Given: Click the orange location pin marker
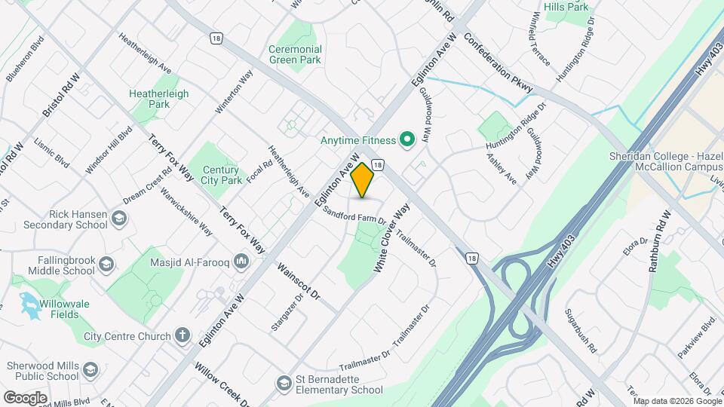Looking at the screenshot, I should pos(363,180).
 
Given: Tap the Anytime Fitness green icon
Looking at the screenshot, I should pos(407,139).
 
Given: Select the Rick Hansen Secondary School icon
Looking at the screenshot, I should pos(119,219).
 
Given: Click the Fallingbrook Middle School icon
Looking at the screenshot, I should pos(107,263).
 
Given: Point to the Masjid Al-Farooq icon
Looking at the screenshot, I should pos(241,261).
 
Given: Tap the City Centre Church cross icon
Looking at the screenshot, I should pos(183,335).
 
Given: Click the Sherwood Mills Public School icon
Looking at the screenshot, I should pos(90,370).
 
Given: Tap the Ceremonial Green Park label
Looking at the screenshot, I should pos(296,54).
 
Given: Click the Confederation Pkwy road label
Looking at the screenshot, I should pos(498,63).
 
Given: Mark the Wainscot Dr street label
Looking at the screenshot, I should pos(299,282).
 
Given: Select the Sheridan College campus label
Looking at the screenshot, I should pos(664,161).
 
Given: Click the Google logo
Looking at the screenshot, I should pos(26,397).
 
